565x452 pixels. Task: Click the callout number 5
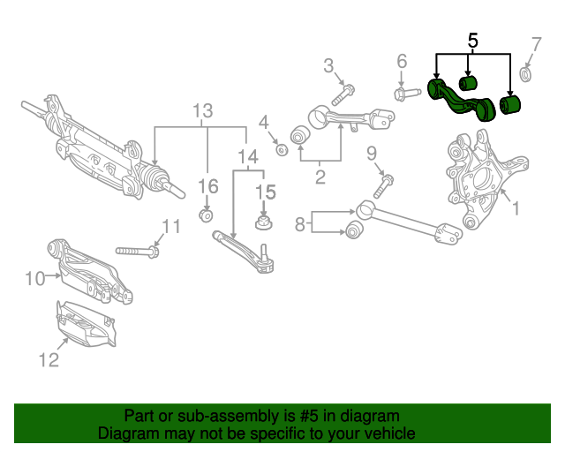coord(472,40)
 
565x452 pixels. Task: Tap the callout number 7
coord(536,44)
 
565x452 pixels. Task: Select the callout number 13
coord(203,111)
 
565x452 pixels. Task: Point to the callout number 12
coord(48,359)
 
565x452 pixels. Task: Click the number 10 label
coord(34,280)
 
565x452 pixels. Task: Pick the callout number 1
coord(516,209)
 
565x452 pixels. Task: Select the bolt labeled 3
coord(343,93)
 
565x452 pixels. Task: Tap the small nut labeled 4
coord(282,147)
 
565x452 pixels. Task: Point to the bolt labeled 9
coord(384,186)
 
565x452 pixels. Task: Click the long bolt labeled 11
coord(137,252)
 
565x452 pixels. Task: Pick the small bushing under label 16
coord(206,215)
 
